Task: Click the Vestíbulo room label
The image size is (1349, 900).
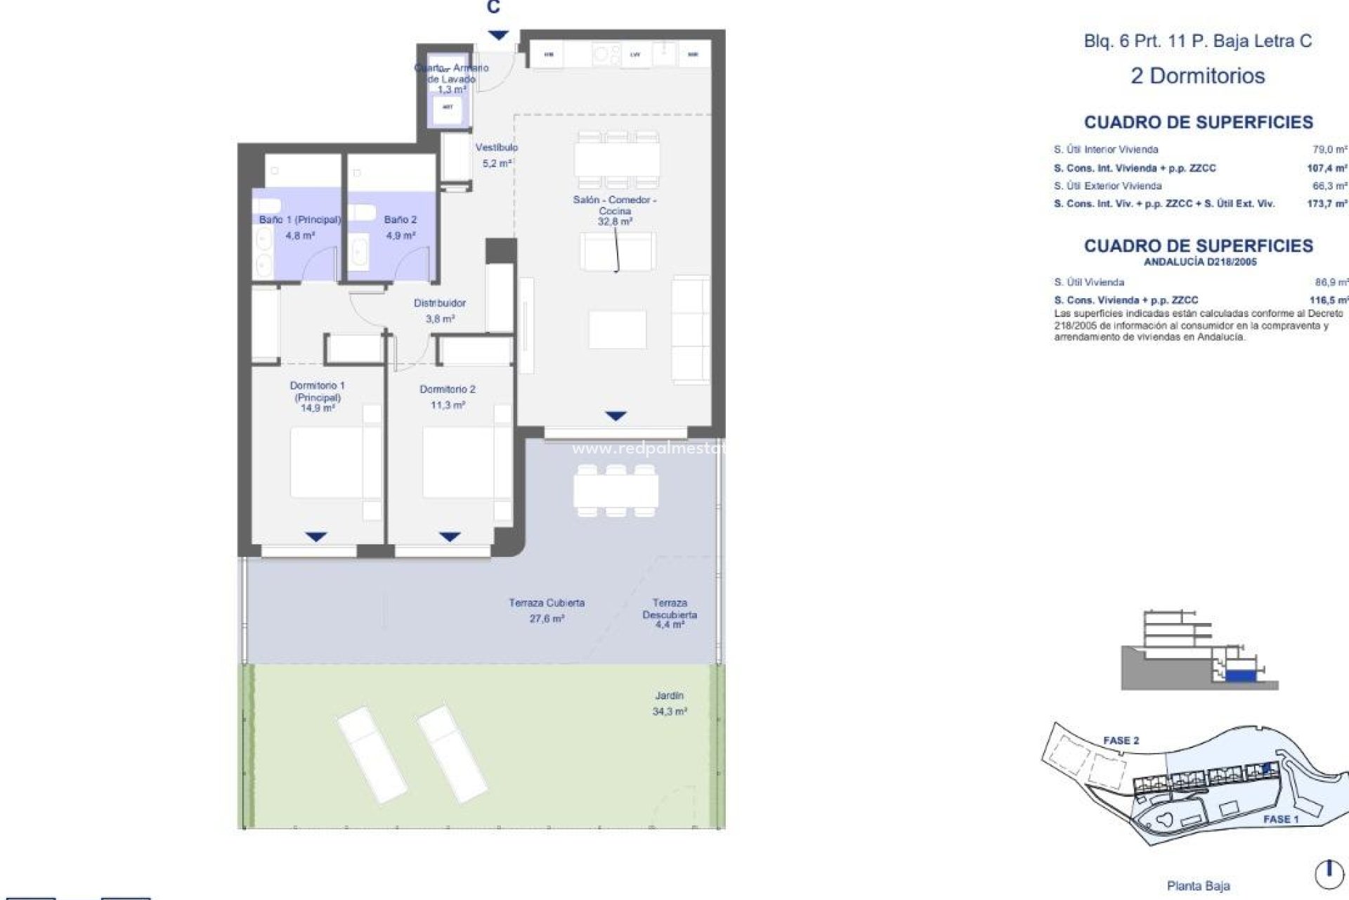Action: click(x=496, y=148)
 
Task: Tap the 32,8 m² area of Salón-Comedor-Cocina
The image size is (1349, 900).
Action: click(x=615, y=221)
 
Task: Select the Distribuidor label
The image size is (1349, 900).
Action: click(x=439, y=303)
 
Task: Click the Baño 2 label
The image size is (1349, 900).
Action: click(x=400, y=220)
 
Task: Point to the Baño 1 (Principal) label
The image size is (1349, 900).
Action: click(x=299, y=220)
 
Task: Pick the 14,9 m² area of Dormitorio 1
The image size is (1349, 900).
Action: click(x=318, y=408)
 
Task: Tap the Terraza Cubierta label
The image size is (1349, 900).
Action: click(x=547, y=603)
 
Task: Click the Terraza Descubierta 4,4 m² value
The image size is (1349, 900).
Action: click(x=669, y=625)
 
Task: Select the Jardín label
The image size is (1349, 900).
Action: click(x=669, y=695)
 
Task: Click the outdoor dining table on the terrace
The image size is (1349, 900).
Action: click(x=615, y=490)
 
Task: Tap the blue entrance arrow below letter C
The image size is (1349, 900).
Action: click(x=498, y=35)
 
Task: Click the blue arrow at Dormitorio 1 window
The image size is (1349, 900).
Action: click(x=316, y=537)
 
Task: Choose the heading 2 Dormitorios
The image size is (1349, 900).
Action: click(x=1197, y=76)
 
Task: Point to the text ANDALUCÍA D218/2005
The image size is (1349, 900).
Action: click(x=1200, y=262)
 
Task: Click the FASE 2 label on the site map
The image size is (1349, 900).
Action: click(x=1121, y=740)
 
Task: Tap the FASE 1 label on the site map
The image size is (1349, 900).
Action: click(x=1281, y=819)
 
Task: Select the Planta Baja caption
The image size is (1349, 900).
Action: click(x=1198, y=886)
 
